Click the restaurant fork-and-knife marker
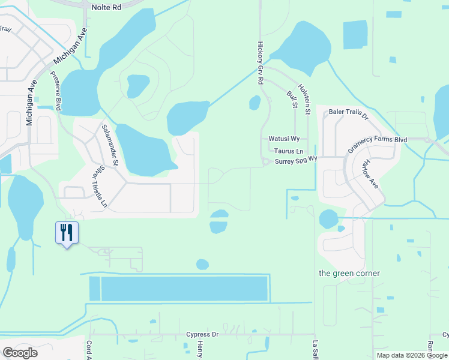(67, 232)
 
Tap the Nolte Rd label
(107, 7)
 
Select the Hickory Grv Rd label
(261, 62)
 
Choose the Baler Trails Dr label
(348, 112)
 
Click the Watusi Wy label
(283, 139)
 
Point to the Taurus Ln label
(289, 152)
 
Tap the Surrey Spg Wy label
(295, 162)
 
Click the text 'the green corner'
(349, 274)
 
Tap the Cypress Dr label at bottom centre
(202, 334)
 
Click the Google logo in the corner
(20, 352)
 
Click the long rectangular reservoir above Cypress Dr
(184, 289)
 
